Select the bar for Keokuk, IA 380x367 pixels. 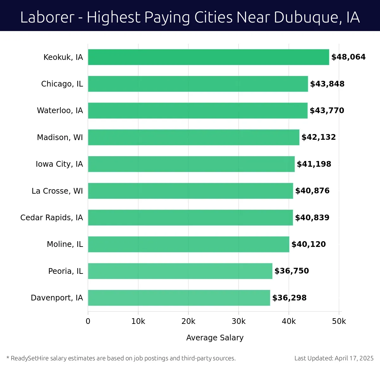pyautogui.click(x=208, y=57)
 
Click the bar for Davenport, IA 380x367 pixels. pyautogui.click(x=179, y=298)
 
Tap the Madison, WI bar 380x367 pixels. pyautogui.click(x=193, y=137)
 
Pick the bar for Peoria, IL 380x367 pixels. pyautogui.click(x=180, y=271)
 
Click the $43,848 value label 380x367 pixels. pyautogui.click(x=327, y=84)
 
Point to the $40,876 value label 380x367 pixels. pyautogui.click(x=312, y=191)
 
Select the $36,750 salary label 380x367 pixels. pyautogui.click(x=292, y=271)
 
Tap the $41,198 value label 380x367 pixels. pyautogui.click(x=314, y=164)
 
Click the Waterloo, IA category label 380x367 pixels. pyautogui.click(x=60, y=111)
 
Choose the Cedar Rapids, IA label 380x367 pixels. pyautogui.click(x=52, y=218)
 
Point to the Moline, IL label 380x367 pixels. pyautogui.click(x=65, y=244)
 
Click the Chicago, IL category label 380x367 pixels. pyautogui.click(x=62, y=84)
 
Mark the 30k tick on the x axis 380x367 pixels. pyautogui.click(x=238, y=321)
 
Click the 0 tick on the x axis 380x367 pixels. pyautogui.click(x=88, y=321)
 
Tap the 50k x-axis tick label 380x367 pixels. pyautogui.click(x=339, y=321)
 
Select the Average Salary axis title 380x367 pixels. pyautogui.click(x=215, y=338)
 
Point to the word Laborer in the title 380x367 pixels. pyautogui.click(x=47, y=17)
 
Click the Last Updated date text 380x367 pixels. pyautogui.click(x=334, y=358)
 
